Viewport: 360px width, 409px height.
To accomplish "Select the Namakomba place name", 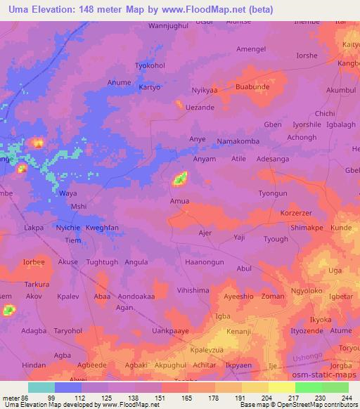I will click(x=238, y=141).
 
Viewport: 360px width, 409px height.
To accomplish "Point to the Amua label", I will click(x=179, y=201).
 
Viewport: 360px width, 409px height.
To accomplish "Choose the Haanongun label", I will click(x=204, y=262).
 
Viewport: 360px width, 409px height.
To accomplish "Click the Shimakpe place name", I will click(x=306, y=228).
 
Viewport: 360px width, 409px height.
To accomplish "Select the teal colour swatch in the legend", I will click(x=41, y=387).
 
